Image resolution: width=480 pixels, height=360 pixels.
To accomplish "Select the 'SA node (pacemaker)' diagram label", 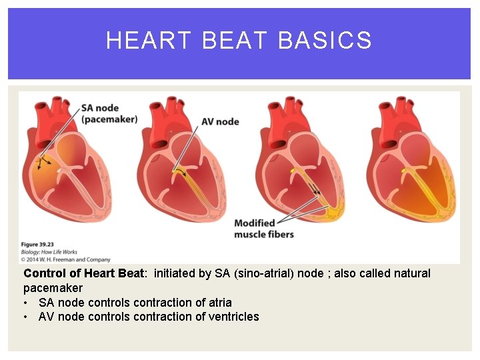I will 109,113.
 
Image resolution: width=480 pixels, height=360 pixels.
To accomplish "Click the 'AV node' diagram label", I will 220,121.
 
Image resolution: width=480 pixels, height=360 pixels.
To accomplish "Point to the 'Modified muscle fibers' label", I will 264,229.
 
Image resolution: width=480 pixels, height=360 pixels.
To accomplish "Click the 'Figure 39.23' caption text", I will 39,245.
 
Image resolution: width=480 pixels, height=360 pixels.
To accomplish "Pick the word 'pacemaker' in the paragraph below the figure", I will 53,288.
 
